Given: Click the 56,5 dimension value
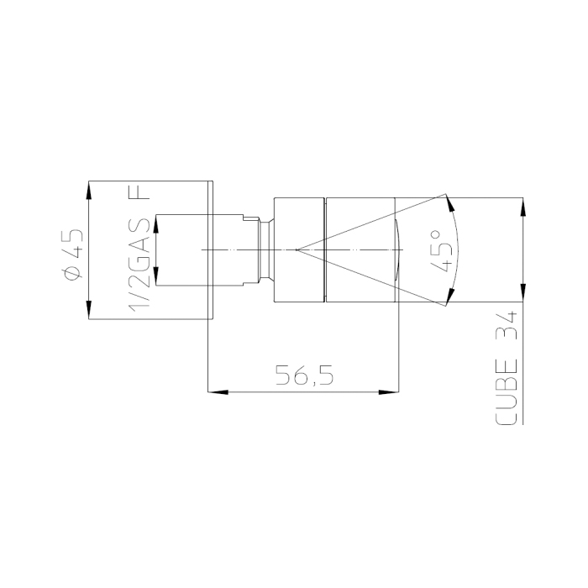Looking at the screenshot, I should point(304,375).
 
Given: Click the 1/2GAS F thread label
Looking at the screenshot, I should point(139,249).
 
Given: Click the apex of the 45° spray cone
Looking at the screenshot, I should point(296,249).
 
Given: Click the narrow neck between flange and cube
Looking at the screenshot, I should point(265,249).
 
